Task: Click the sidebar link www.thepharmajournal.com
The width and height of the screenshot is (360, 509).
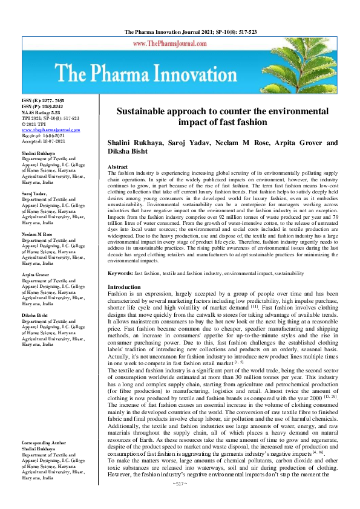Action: (50, 130)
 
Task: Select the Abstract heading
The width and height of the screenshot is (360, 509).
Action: (117, 166)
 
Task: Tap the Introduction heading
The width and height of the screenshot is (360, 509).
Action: (124, 287)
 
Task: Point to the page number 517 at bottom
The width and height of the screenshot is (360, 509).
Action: (180, 501)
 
